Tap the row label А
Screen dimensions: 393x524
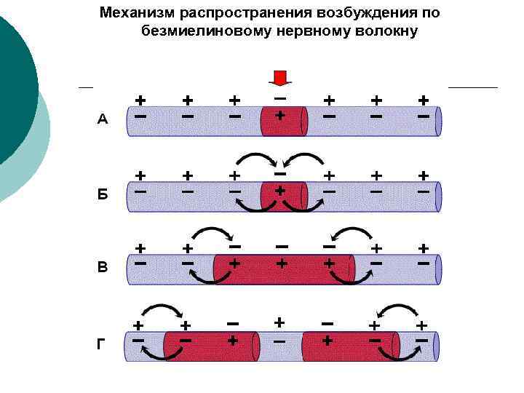tap(103, 120)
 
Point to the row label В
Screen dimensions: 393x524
tap(103, 267)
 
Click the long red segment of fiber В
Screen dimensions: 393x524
tap(284, 269)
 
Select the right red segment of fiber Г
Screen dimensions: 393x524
tap(349, 346)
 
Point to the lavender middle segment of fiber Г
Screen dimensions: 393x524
tap(279, 347)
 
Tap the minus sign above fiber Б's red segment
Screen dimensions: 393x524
tap(279, 173)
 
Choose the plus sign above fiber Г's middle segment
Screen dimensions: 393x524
tap(279, 321)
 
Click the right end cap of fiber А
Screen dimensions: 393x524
tap(438, 122)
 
